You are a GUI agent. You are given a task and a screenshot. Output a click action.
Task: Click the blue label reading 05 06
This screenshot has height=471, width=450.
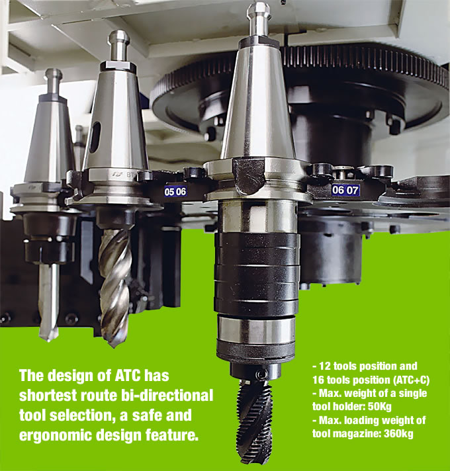(x=175, y=191)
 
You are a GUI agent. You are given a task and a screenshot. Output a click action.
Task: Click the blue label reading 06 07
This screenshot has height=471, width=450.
(x=345, y=190)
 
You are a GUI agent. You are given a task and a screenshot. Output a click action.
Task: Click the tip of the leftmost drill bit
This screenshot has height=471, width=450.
(x=48, y=339)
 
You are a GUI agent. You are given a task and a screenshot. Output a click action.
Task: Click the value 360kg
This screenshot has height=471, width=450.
(x=398, y=434)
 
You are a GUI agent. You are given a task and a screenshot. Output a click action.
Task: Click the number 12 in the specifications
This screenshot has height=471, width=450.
(x=324, y=366)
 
